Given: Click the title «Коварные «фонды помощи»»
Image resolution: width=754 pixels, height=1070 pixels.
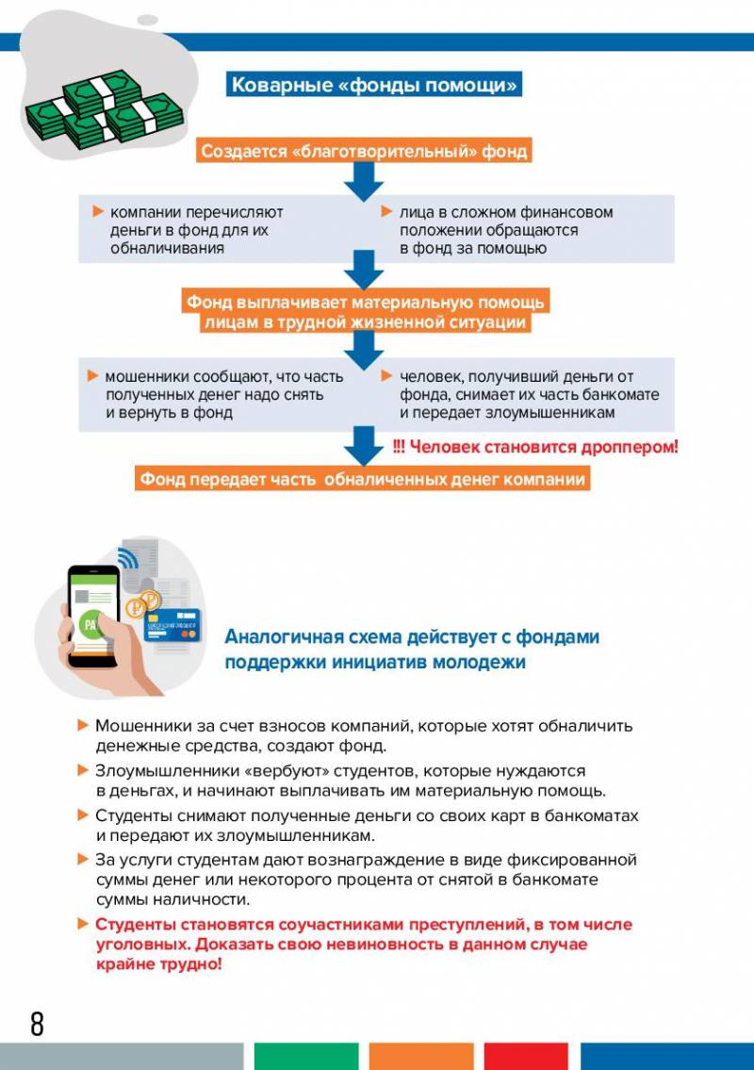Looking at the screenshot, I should (x=375, y=85).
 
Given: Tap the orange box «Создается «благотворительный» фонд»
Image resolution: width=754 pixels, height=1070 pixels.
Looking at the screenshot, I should (x=363, y=151).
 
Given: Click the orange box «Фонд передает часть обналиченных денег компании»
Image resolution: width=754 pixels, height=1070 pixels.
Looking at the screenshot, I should (x=363, y=480).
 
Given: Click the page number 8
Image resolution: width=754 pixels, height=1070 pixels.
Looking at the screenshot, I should (x=37, y=1024).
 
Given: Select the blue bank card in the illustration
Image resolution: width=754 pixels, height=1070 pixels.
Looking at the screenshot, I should (x=172, y=622).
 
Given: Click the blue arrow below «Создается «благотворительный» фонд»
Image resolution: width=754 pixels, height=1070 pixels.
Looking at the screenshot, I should (x=363, y=182).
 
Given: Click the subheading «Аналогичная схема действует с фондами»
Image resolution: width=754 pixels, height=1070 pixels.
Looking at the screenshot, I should (x=412, y=637).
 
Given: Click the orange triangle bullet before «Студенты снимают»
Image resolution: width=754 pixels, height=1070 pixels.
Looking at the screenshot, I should (x=83, y=815).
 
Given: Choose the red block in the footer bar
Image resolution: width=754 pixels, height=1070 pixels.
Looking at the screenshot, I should (x=526, y=1056).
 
